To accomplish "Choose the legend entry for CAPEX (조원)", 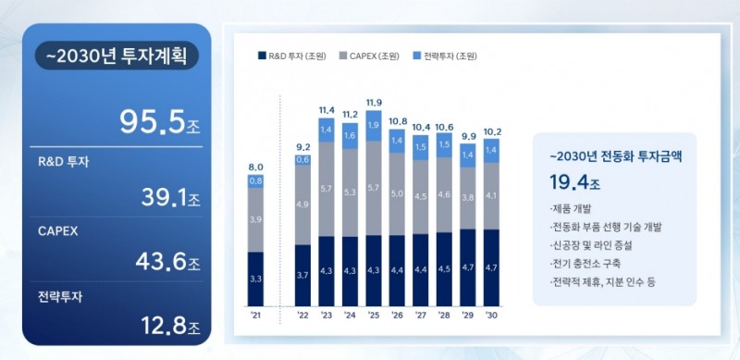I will (371, 55).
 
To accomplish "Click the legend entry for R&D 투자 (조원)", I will (290, 55).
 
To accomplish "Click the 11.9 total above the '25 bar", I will (374, 102).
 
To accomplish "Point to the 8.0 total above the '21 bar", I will (255, 168).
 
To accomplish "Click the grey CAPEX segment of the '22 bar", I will (302, 205).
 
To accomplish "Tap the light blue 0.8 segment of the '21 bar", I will (255, 181).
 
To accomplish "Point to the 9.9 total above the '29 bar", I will (468, 135).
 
